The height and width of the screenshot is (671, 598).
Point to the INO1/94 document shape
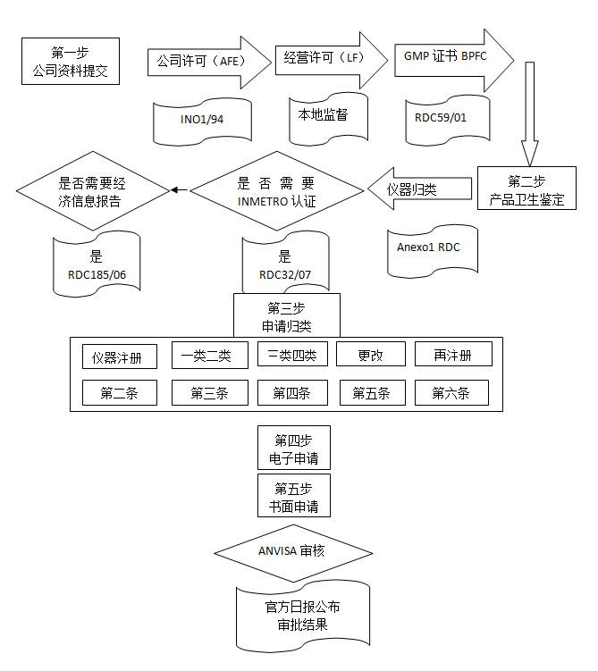pyautogui.click(x=203, y=120)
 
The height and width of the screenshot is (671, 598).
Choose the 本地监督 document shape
pyautogui.click(x=323, y=116)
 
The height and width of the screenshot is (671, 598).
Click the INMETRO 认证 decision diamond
pyautogui.click(x=277, y=192)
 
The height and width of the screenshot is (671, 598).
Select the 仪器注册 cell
pyautogui.click(x=119, y=356)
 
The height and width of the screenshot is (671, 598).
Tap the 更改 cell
pyautogui.click(x=370, y=355)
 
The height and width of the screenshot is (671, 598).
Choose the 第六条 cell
pyautogui.click(x=451, y=392)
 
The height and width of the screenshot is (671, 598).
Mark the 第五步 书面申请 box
pyautogui.click(x=293, y=498)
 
